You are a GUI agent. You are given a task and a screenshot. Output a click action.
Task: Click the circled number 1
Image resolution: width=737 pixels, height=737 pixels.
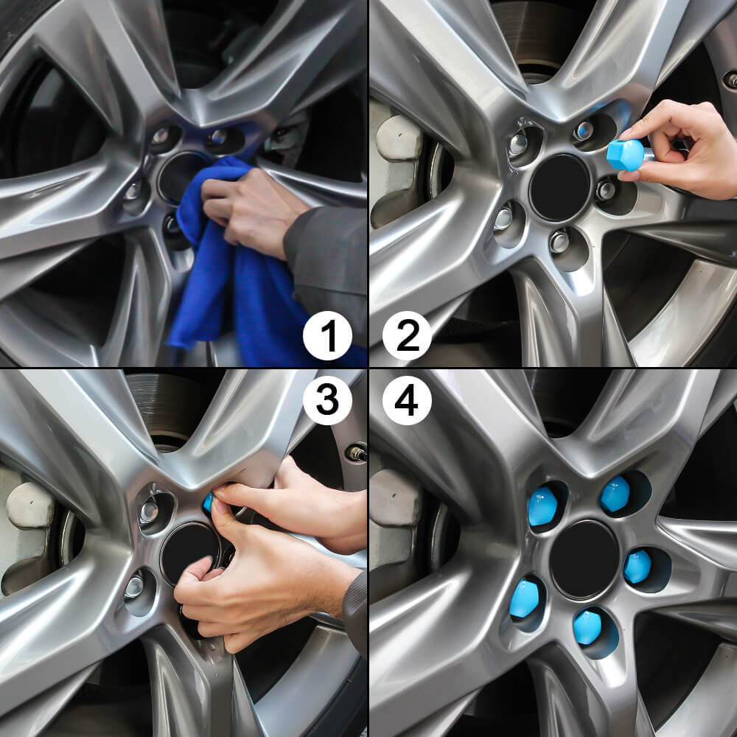tap(327, 335)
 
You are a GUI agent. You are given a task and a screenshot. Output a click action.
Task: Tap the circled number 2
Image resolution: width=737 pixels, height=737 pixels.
tap(407, 335)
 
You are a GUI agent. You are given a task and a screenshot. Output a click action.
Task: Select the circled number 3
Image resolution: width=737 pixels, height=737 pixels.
tap(327, 401)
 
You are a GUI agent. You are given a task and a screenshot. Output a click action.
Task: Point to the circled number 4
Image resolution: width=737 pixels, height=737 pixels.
tap(407, 401)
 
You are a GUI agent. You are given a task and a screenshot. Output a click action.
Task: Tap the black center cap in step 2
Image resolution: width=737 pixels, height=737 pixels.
tap(559, 187)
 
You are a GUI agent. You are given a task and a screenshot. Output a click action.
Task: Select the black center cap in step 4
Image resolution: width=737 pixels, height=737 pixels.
tap(584, 559)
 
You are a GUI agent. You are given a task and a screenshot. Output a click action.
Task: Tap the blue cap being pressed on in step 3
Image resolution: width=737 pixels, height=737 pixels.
tap(208, 503)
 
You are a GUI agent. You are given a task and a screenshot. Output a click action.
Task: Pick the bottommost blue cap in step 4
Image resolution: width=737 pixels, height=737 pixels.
tap(587, 626)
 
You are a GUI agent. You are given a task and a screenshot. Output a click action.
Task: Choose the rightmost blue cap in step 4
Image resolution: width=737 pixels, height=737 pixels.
tap(638, 565)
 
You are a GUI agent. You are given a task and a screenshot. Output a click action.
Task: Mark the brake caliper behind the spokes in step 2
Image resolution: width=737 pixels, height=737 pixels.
tap(398, 170)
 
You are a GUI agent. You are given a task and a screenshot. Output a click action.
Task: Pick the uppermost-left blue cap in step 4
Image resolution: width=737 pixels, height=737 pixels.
tap(542, 507)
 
